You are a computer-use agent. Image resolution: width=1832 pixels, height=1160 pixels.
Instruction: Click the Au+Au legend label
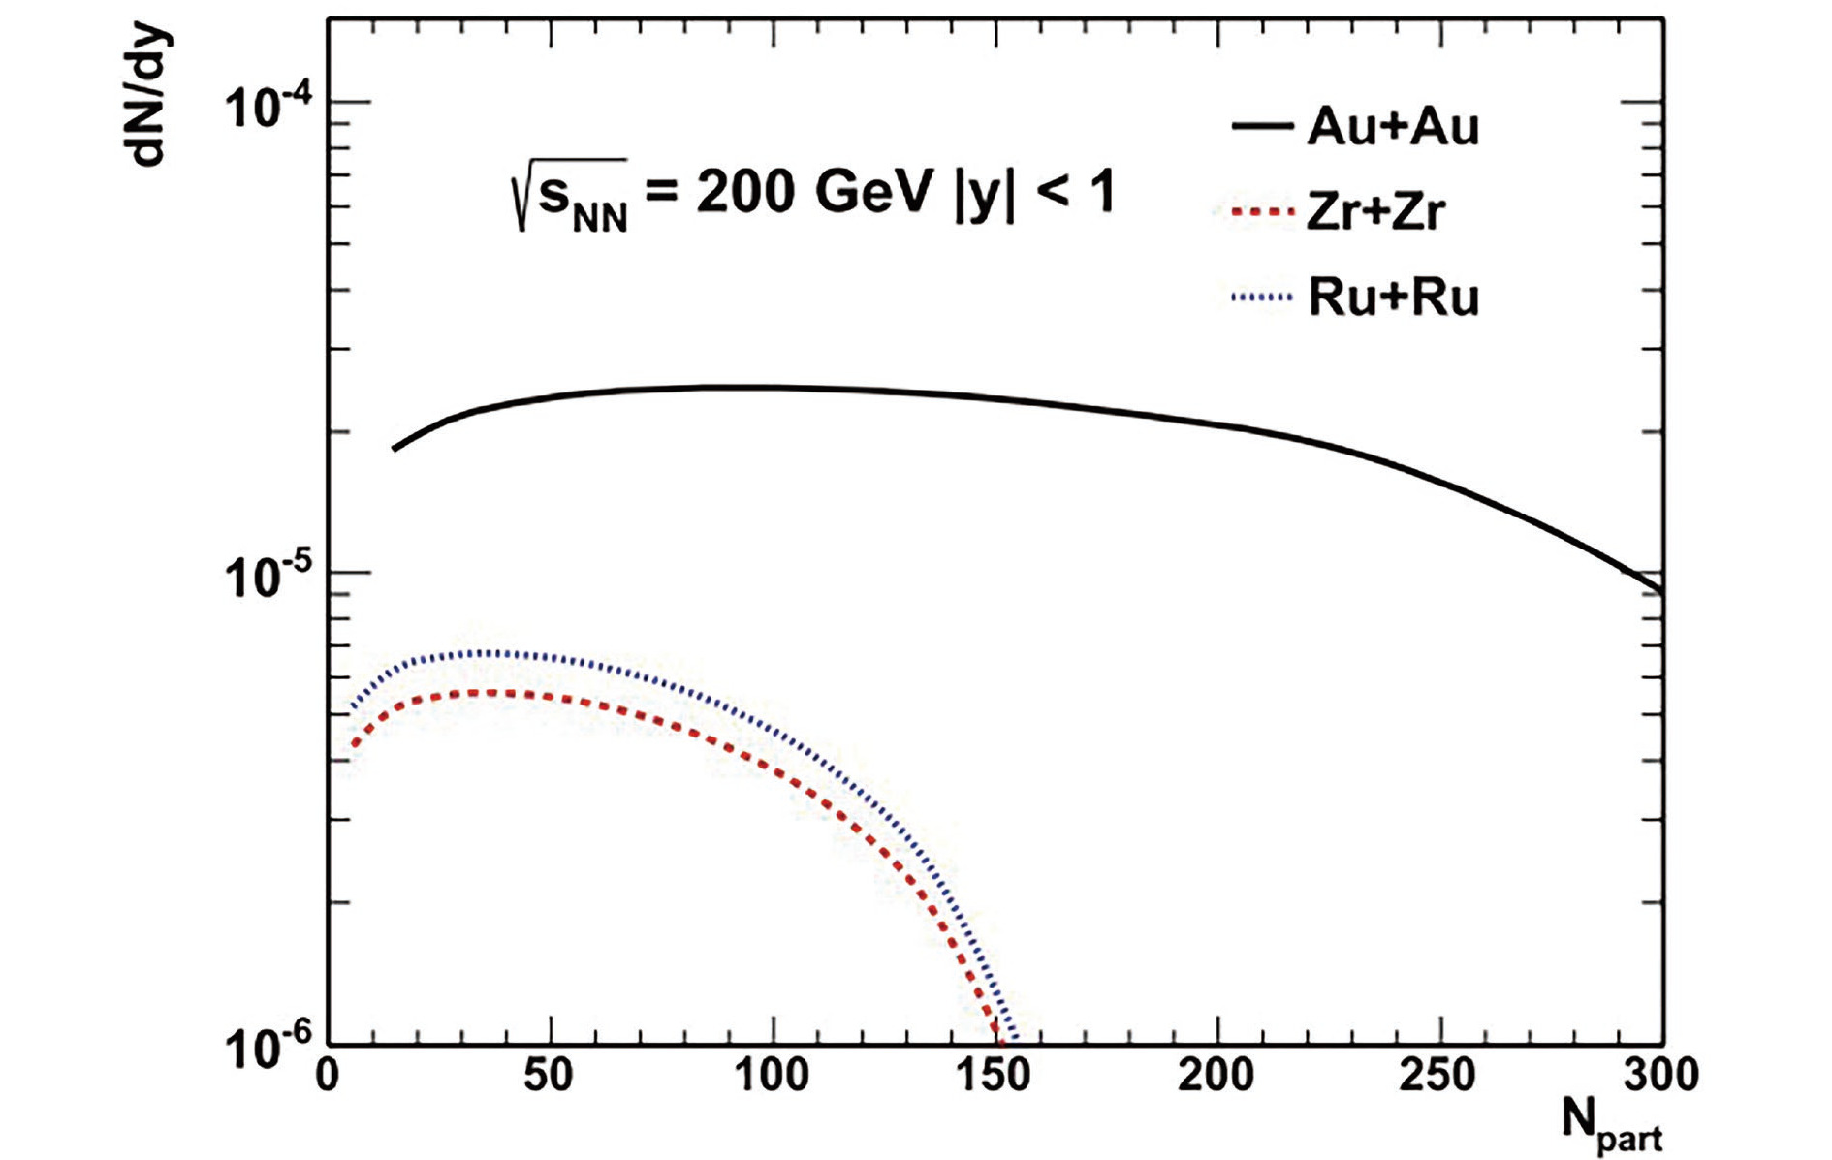point(1393,127)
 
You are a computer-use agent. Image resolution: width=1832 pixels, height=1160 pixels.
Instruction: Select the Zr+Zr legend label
point(1376,212)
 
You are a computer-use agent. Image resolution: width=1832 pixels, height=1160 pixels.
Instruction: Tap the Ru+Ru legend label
point(1394,297)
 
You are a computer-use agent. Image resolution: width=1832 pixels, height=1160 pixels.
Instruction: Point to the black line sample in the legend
point(1262,126)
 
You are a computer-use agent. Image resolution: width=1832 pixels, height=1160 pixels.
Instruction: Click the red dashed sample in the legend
point(1255,211)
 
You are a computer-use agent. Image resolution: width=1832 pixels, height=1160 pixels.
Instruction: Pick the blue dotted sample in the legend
point(1261,297)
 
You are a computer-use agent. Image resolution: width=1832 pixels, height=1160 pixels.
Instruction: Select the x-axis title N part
point(1612,1124)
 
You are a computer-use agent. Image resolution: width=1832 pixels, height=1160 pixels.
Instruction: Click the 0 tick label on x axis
point(329,1076)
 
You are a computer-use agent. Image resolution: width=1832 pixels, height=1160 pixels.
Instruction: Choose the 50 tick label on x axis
point(550,1076)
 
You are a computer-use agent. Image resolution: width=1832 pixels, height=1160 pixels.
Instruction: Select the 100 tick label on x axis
point(772,1076)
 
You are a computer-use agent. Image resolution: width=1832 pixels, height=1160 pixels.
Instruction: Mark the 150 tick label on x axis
point(994,1076)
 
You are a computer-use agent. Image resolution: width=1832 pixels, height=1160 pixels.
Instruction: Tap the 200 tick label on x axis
point(1216,1076)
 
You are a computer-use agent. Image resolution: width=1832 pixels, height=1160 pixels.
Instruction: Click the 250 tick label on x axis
point(1438,1076)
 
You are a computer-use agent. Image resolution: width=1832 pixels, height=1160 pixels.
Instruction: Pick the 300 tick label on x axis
point(1660,1076)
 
